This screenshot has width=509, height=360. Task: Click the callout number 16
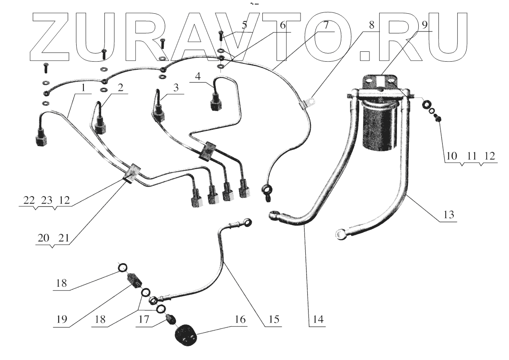[241, 320]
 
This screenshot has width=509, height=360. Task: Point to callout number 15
[274, 319]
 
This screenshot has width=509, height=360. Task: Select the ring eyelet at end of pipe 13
[341, 233]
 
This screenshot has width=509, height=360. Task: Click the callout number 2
[120, 88]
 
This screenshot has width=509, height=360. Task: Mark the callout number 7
[326, 24]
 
